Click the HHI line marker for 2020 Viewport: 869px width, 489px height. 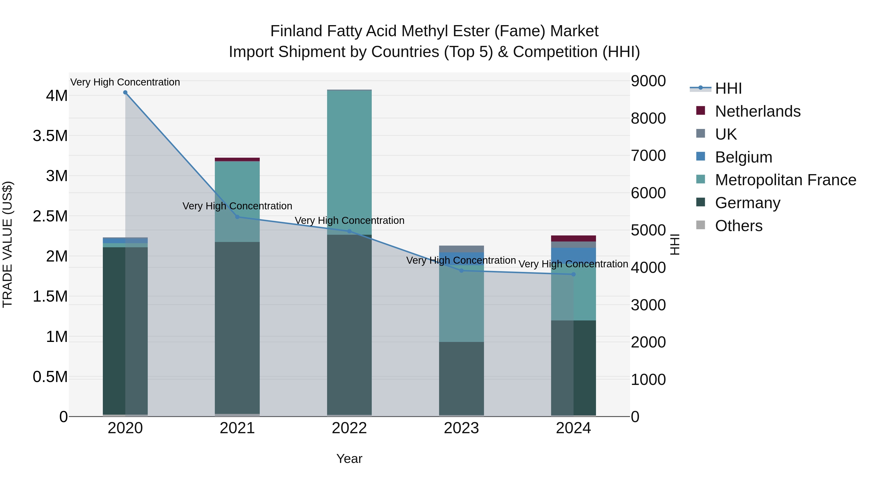pyautogui.click(x=125, y=92)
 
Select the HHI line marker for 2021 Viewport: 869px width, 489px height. pyautogui.click(x=237, y=217)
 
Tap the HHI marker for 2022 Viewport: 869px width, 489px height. pyautogui.click(x=349, y=232)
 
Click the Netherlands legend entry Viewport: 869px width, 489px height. pyautogui.click(x=757, y=111)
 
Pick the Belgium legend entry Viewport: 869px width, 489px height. pyautogui.click(x=743, y=157)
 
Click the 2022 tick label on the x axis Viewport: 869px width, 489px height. pyautogui.click(x=349, y=428)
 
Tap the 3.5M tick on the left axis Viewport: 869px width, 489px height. pyautogui.click(x=50, y=136)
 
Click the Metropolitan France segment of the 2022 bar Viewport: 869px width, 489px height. pyautogui.click(x=349, y=162)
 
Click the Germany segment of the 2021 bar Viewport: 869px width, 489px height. pyautogui.click(x=237, y=327)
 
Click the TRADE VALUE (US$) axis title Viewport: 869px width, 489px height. pyautogui.click(x=8, y=244)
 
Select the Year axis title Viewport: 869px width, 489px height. pyautogui.click(x=349, y=459)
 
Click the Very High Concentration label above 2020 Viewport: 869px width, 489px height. pyautogui.click(x=125, y=82)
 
